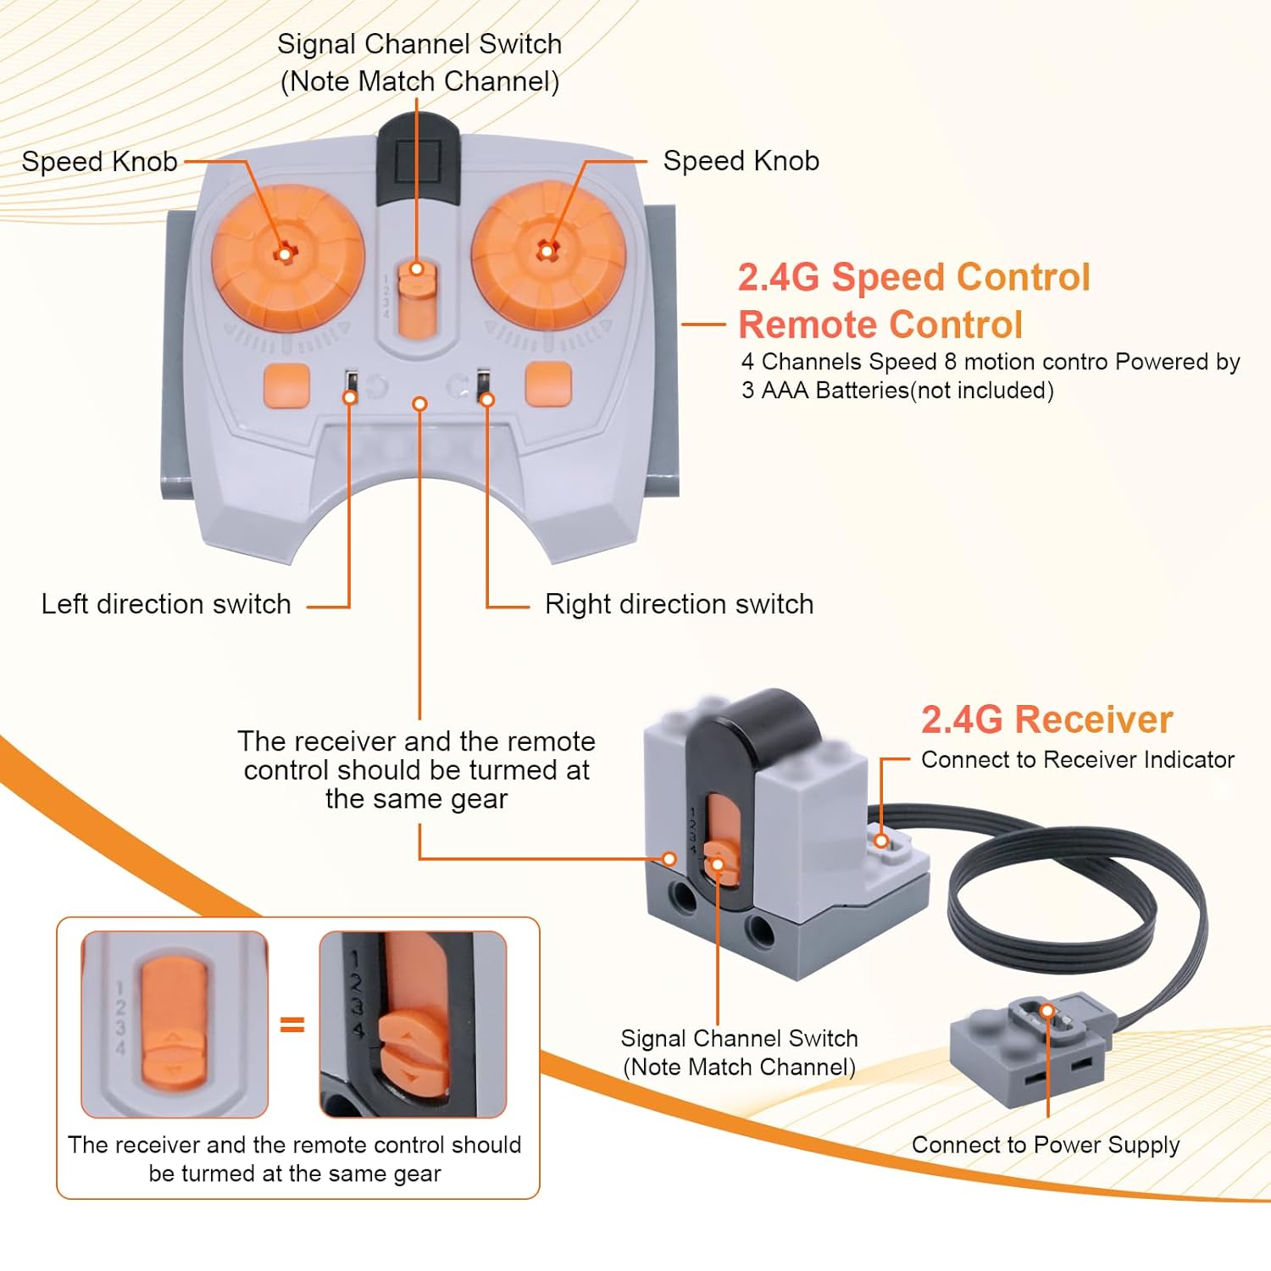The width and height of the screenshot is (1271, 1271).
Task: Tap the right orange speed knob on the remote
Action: (x=548, y=252)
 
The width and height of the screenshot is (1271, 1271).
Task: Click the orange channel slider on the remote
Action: (x=416, y=301)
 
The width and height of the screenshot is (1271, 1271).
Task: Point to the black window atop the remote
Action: (x=418, y=157)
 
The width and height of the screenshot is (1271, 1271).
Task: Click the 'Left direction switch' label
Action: (x=166, y=604)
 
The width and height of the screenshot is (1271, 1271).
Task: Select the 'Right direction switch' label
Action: (x=679, y=604)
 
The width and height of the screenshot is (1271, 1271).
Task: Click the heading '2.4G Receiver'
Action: (x=1046, y=719)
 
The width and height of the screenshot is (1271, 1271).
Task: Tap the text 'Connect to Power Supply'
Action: (x=1045, y=1145)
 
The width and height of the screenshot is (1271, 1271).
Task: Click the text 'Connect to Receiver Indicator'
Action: (x=1077, y=759)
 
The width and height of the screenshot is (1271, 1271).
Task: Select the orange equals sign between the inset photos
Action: (x=292, y=1024)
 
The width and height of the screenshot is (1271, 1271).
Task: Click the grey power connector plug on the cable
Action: (x=1030, y=1051)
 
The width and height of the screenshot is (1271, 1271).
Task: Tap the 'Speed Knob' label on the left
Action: (x=99, y=161)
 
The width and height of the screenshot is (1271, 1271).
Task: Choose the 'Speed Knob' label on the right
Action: (x=741, y=161)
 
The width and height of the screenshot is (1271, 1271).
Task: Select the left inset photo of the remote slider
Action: (x=175, y=1024)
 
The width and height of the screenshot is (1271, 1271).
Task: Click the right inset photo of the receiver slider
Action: (x=413, y=1024)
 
